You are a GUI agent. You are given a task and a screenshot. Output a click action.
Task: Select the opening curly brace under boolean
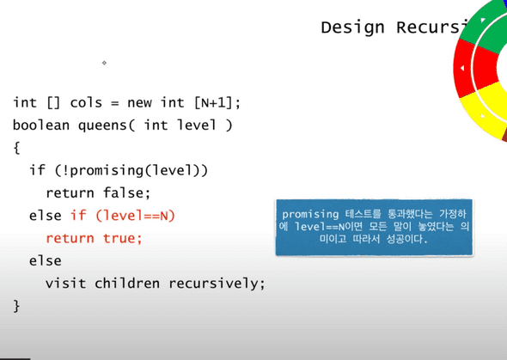point(16,148)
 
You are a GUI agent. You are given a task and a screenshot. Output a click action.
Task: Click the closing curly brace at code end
point(16,305)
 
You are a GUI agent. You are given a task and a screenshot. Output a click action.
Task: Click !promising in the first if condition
point(99,170)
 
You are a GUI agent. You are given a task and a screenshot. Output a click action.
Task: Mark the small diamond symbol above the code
point(104,63)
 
